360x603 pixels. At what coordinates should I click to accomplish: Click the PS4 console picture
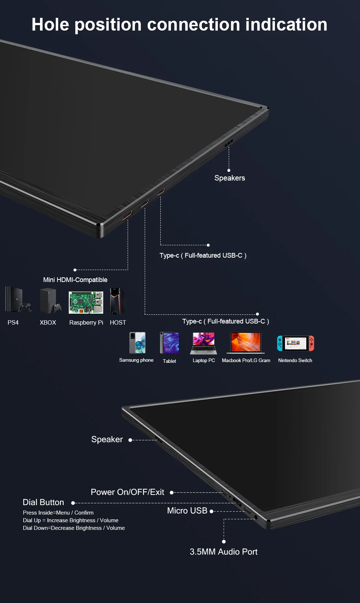[17, 300]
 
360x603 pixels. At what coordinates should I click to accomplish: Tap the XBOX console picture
[50, 301]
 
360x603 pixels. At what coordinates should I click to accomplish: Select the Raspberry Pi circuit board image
[86, 302]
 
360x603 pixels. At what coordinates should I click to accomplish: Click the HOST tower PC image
[117, 301]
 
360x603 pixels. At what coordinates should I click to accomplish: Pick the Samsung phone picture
[137, 342]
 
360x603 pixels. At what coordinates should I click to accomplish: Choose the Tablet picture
[169, 343]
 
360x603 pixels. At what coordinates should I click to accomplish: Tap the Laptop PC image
[204, 343]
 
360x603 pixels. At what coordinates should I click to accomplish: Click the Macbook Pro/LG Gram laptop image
[246, 343]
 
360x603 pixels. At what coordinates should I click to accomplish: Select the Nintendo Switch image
[295, 343]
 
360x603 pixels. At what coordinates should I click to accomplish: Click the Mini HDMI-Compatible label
[75, 280]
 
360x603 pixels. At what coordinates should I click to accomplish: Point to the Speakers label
[229, 178]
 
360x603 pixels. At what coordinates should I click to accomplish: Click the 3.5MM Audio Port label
[223, 552]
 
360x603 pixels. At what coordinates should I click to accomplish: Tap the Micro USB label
[187, 511]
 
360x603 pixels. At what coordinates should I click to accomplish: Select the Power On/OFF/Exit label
[127, 492]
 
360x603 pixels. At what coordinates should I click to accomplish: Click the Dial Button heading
[43, 502]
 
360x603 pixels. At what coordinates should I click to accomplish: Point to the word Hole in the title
[50, 25]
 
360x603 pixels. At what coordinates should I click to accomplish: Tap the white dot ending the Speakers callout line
[229, 170]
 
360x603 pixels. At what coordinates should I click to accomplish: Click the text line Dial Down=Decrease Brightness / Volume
[74, 528]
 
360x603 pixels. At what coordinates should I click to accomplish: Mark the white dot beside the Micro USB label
[211, 511]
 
